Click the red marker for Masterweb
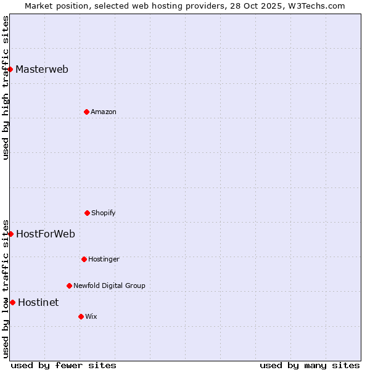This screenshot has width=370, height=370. tap(10, 69)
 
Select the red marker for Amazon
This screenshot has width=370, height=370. tap(86, 112)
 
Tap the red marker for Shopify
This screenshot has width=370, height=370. tap(87, 213)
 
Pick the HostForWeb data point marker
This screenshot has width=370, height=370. tap(10, 234)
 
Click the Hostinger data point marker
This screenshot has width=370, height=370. tap(84, 259)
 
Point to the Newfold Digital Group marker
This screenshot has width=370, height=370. tap(69, 286)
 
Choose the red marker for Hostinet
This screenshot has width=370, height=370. tap(12, 302)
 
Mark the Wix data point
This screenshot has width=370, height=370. tap(81, 316)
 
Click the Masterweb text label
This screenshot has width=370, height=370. tap(42, 69)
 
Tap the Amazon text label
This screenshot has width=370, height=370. tap(104, 112)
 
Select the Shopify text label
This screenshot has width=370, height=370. tap(104, 213)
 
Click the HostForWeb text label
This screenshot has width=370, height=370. tap(46, 234)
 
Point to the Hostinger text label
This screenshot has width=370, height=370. tap(104, 259)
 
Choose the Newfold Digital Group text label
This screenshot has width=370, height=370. tap(109, 286)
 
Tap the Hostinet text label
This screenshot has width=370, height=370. tap(38, 302)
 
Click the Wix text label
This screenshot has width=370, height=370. tap(91, 316)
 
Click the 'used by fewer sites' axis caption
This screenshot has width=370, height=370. tap(64, 366)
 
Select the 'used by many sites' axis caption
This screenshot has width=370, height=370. tap(310, 366)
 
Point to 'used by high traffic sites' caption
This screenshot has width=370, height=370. tap(6, 88)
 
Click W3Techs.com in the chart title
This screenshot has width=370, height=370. tap(314, 6)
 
